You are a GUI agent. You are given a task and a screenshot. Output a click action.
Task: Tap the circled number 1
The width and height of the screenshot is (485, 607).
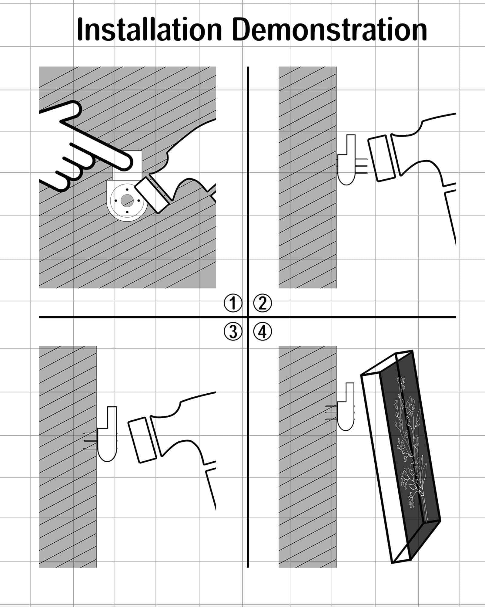233,303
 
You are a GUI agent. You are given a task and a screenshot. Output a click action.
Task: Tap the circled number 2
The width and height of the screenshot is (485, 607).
263,303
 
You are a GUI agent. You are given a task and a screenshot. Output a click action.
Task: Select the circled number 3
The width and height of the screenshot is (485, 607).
233,331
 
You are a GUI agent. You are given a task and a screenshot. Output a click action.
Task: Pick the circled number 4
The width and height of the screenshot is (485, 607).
263,331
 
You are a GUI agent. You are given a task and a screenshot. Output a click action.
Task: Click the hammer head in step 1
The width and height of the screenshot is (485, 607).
152,194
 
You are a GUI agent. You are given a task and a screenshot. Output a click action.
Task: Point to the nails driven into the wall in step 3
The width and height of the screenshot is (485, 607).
90,441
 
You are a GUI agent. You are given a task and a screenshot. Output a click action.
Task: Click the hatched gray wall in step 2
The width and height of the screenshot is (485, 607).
307,177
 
